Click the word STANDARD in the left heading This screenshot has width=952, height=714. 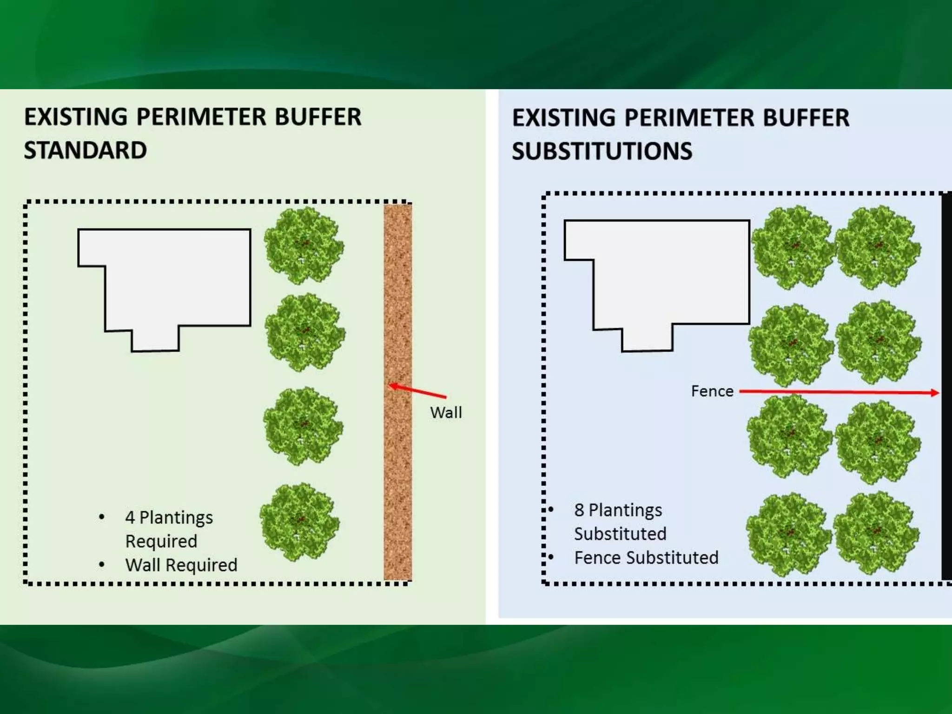tap(86, 151)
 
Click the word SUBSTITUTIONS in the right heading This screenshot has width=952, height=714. tap(602, 152)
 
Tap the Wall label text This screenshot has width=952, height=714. tap(446, 412)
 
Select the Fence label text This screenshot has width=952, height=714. tap(712, 391)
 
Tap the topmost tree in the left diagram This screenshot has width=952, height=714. tap(304, 245)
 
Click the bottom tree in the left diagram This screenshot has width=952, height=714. tap(299, 522)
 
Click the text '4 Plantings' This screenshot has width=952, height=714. tap(169, 517)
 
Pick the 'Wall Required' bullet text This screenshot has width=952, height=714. tap(181, 565)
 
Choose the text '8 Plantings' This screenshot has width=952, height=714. tap(618, 510)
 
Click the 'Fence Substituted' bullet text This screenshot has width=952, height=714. tap(646, 558)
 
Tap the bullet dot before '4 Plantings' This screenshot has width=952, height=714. tap(102, 517)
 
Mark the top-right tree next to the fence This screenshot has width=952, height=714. tap(878, 247)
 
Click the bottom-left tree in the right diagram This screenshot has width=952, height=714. tap(788, 535)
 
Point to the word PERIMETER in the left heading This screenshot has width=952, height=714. tap(201, 117)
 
